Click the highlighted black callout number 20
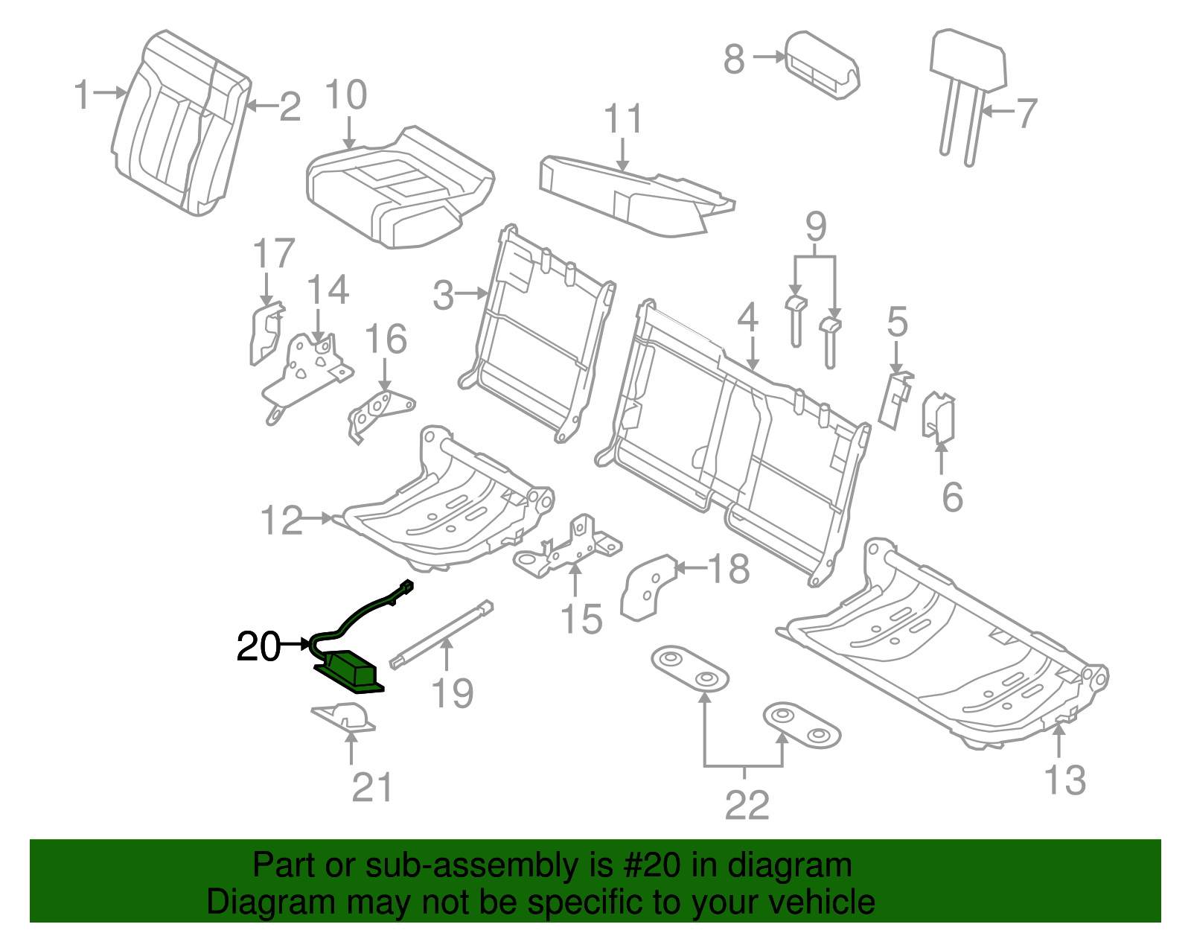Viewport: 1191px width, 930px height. coord(258,646)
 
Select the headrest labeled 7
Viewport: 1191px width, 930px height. coord(967,67)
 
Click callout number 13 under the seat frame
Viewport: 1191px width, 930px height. coord(1064,780)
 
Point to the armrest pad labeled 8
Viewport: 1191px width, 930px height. coord(823,65)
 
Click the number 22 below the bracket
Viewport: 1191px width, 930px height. coord(747,805)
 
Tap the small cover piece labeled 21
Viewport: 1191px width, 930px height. coord(345,718)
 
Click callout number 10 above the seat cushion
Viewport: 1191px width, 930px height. coord(346,95)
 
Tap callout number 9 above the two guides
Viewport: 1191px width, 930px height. coord(816,226)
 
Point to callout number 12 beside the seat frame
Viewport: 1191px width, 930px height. coord(282,520)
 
